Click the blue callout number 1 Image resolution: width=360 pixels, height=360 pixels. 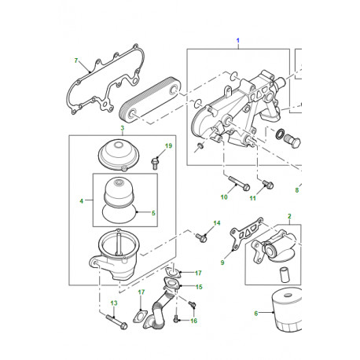(x=238, y=41)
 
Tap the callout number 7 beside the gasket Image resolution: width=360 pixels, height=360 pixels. (x=76, y=61)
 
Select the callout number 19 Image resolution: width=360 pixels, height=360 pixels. (x=168, y=145)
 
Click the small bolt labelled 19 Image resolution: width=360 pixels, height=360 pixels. (x=155, y=163)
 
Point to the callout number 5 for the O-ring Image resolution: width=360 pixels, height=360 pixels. (x=153, y=213)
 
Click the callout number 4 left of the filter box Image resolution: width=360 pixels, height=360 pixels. (x=82, y=201)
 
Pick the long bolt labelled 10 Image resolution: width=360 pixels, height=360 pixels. (x=239, y=183)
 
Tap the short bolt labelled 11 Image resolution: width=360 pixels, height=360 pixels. (x=268, y=184)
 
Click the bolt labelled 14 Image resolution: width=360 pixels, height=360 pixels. (x=201, y=237)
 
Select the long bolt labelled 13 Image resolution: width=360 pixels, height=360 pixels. (x=116, y=322)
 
